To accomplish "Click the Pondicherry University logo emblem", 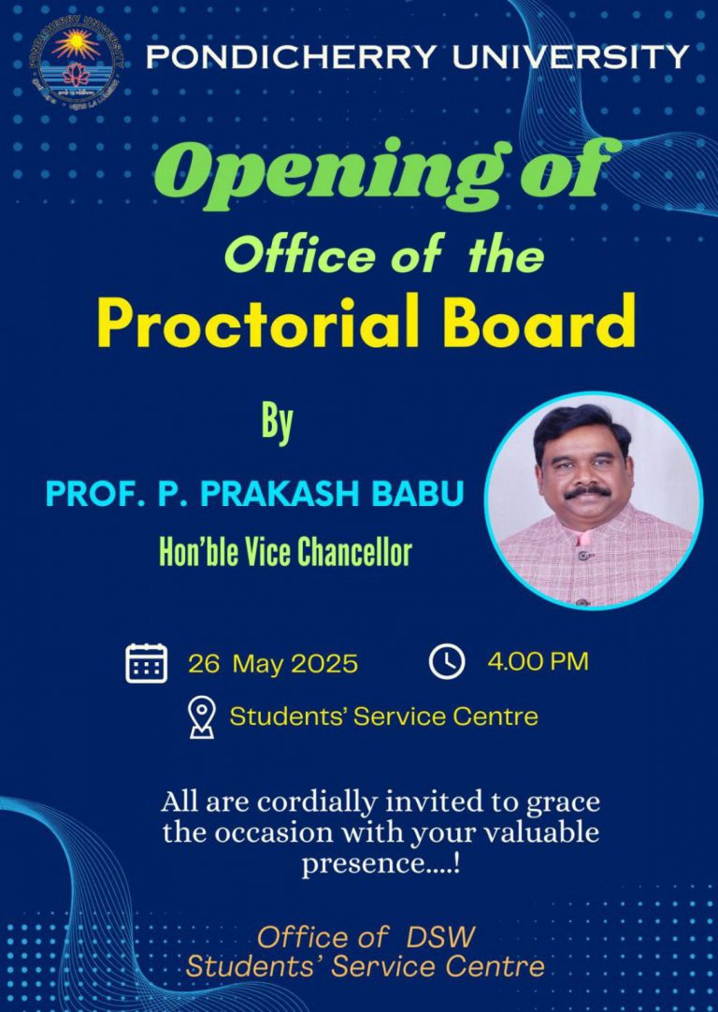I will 75,58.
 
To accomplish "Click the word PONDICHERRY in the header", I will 291,58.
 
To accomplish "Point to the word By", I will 277,425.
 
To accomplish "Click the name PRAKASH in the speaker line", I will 289,495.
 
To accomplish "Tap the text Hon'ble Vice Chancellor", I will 285,553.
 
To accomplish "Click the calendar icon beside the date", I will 146,663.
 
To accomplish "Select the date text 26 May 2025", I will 273,664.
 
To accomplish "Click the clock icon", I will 447,661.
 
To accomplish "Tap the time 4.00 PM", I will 538,662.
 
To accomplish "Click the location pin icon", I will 201,717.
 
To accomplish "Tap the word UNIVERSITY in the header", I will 570,58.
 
